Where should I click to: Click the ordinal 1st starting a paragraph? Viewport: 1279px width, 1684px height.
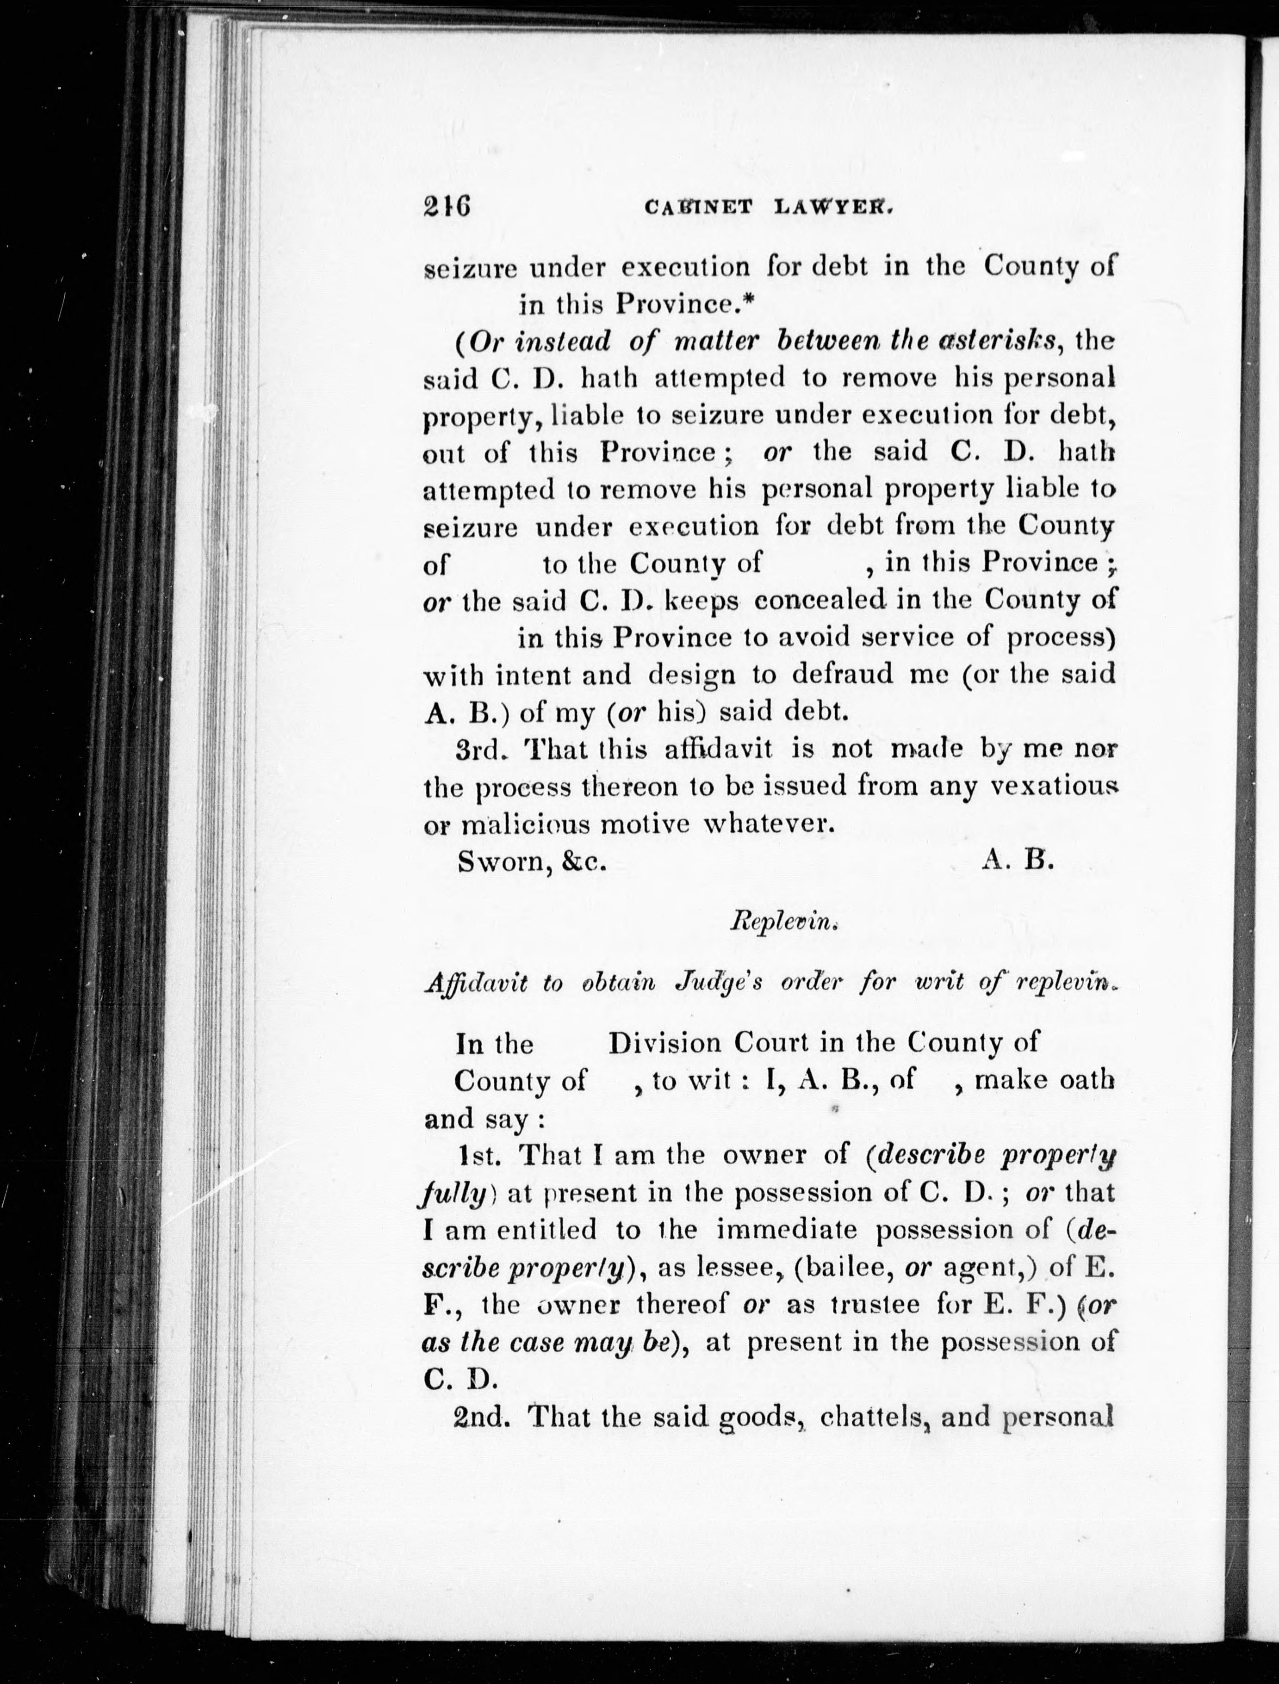(x=478, y=1155)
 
